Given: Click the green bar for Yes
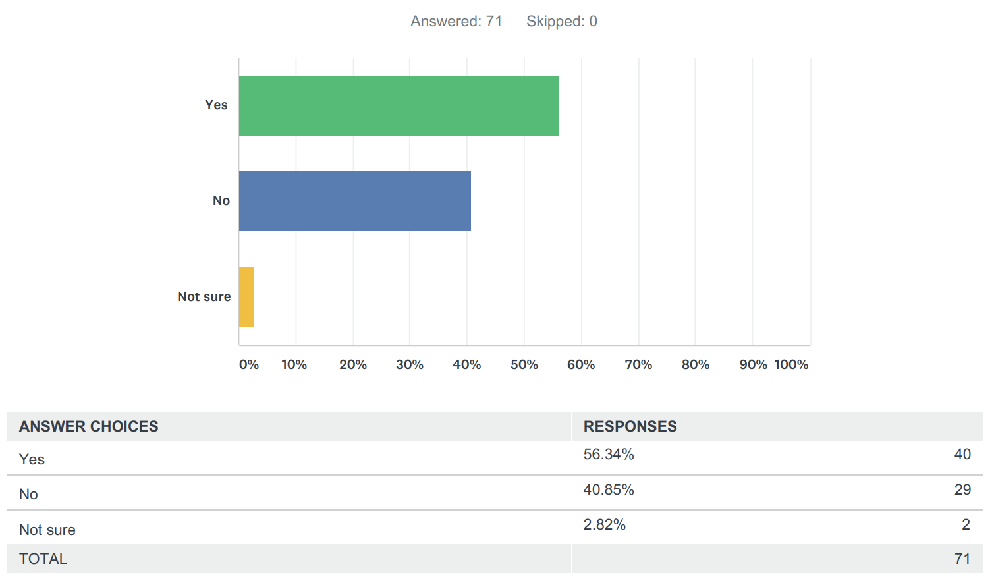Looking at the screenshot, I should (x=399, y=105).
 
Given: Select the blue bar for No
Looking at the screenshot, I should (x=354, y=201).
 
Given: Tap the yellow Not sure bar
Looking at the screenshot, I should (x=246, y=296).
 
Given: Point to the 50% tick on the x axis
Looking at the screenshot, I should (x=524, y=364).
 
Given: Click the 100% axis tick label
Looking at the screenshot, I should (x=791, y=364).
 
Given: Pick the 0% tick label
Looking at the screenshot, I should (x=249, y=364).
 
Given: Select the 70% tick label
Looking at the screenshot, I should (x=638, y=364).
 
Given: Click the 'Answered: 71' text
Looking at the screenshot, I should (x=456, y=22).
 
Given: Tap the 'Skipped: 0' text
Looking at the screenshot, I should (x=562, y=22).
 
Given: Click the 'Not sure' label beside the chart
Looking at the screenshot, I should (x=204, y=296).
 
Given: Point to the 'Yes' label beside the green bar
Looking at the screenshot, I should (x=216, y=105).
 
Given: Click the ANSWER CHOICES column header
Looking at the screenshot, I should (x=89, y=426).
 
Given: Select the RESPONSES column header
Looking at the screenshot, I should (x=630, y=426).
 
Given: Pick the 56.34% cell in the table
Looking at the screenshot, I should (x=609, y=454).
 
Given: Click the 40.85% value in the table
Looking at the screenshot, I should (x=609, y=489).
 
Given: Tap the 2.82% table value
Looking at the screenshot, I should (x=605, y=524).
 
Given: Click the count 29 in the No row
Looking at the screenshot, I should (x=962, y=489).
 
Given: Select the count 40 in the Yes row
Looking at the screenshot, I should (x=962, y=454).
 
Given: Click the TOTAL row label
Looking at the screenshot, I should (x=43, y=559).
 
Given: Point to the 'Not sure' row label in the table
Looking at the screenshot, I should (x=47, y=530).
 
